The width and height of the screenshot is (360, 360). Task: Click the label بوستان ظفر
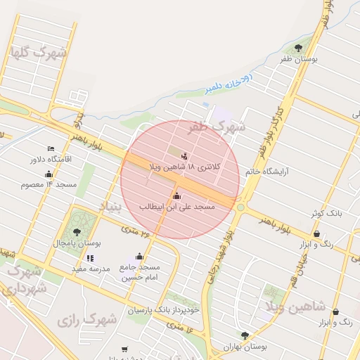click(299, 60)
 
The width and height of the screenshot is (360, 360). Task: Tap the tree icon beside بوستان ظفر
click(299, 49)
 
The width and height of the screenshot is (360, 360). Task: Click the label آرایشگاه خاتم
click(268, 171)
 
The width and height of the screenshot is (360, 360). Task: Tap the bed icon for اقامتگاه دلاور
click(50, 148)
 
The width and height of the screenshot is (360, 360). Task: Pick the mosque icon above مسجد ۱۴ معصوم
click(49, 174)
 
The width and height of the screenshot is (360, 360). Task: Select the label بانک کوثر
click(328, 212)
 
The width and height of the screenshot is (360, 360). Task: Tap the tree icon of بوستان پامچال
click(77, 232)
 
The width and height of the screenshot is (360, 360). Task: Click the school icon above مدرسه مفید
click(89, 258)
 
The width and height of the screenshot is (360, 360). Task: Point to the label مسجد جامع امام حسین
click(139, 272)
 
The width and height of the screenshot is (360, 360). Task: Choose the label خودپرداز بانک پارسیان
click(164, 309)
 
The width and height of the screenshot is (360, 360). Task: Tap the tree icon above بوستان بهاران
click(244, 336)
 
